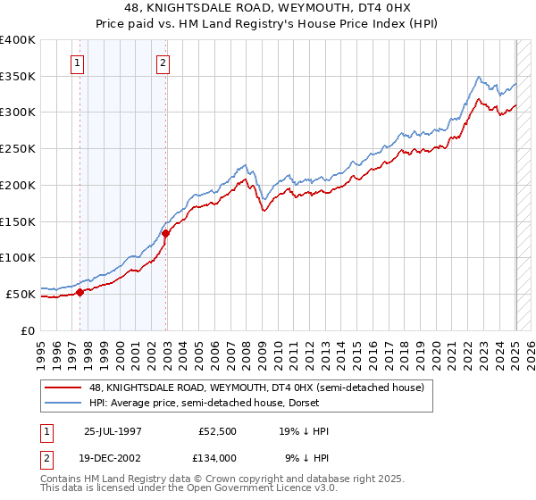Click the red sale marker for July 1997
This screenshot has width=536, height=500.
pos(80,291)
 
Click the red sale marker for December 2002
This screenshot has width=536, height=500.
pos(166,233)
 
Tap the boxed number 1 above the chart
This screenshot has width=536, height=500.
pos(79,62)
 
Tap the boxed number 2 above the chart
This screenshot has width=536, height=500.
pos(164,62)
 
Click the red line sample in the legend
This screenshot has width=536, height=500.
pos(62,387)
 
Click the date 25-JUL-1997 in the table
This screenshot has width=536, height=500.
pos(112,431)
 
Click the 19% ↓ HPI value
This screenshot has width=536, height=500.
pos(306,431)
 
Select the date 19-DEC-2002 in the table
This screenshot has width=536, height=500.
pos(113,457)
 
